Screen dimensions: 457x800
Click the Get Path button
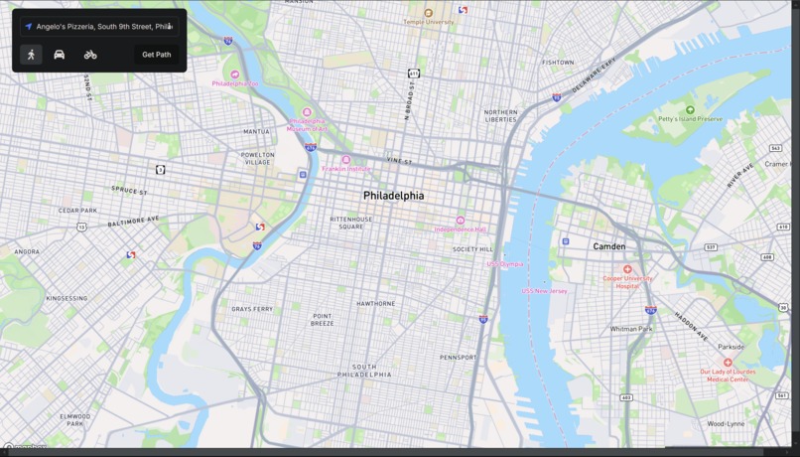(157, 55)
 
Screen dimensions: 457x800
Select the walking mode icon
(31, 55)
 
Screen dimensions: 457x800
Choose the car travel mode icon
(60, 55)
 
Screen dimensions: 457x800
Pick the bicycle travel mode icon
(90, 55)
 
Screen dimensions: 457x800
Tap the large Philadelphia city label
(393, 196)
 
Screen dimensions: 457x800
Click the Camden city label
(608, 246)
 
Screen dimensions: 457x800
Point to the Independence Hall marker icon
(460, 221)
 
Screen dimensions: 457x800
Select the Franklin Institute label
(345, 169)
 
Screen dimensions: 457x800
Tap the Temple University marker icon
(429, 13)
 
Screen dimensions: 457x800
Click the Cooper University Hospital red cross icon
(627, 269)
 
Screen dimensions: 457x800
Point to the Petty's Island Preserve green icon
(691, 109)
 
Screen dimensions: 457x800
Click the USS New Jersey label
(544, 291)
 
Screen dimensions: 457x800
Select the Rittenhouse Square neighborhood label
(351, 223)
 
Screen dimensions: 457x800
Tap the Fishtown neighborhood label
(558, 62)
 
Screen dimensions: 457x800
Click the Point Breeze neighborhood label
(323, 320)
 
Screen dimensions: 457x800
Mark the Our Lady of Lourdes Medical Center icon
(728, 363)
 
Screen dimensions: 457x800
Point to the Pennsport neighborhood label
(459, 357)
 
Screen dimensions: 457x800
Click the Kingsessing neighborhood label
(67, 298)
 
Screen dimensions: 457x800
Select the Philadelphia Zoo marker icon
(235, 75)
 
